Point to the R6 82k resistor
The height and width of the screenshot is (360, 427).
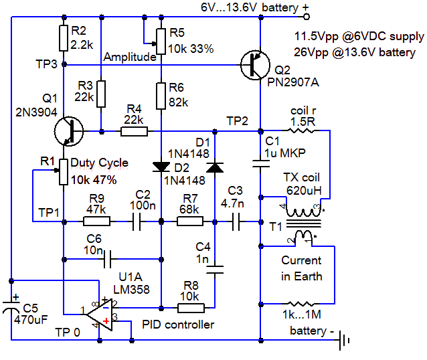161,96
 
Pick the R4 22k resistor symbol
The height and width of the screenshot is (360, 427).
134,131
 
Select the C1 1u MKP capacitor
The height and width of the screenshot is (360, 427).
259,161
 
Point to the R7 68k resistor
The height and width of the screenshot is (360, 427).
189,221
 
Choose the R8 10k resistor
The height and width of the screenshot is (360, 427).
191,308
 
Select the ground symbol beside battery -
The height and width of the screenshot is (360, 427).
345,340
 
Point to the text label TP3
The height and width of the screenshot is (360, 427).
48,62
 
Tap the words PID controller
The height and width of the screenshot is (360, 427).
178,325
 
